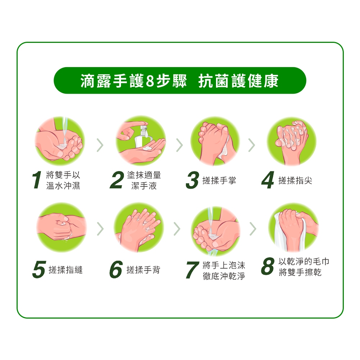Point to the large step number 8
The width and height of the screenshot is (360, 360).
point(268,266)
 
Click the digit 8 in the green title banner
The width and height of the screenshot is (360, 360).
point(150,81)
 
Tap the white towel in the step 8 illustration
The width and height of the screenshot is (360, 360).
point(281,232)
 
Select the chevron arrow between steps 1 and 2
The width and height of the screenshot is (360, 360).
point(100,145)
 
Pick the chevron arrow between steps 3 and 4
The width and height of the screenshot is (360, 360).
point(252,145)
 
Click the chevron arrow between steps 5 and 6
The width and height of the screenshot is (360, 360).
point(100,229)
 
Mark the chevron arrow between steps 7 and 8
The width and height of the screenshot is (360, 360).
point(253,229)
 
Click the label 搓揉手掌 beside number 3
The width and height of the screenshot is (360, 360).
point(219,180)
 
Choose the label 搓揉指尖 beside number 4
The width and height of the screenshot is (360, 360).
point(295,180)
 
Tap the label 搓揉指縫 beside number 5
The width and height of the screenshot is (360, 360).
point(66,270)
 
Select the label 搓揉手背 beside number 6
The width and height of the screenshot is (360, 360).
point(143,270)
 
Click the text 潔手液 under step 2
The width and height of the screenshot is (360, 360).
point(144,186)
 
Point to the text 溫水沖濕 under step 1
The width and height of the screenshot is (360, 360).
point(63,185)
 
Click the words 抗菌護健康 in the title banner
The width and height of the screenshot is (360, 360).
point(238,81)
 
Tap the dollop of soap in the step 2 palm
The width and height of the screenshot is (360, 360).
point(147,148)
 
